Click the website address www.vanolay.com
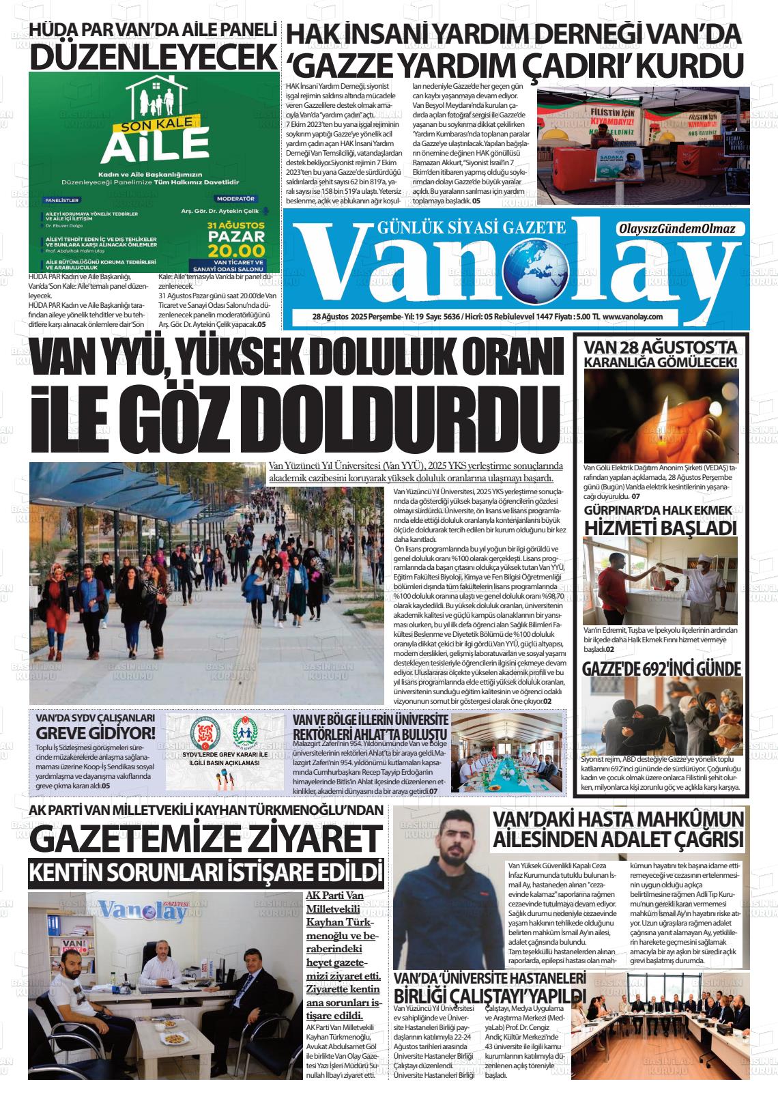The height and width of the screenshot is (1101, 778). tap(634, 317)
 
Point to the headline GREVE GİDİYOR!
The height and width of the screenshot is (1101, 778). tap(96, 733)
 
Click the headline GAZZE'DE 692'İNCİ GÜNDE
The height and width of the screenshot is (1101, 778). tap(661, 668)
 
